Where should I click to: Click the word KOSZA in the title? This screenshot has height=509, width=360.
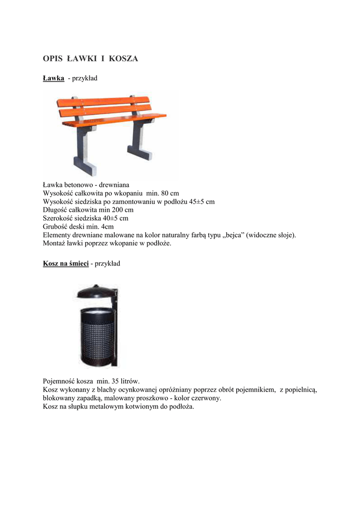point(124,59)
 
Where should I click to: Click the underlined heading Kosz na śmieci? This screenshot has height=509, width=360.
point(66,263)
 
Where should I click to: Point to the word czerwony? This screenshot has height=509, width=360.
point(205,398)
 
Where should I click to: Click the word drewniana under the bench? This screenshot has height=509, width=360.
point(114,184)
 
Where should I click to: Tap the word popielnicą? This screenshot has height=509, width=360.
point(302,390)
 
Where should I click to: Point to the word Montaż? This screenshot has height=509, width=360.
point(55,244)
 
